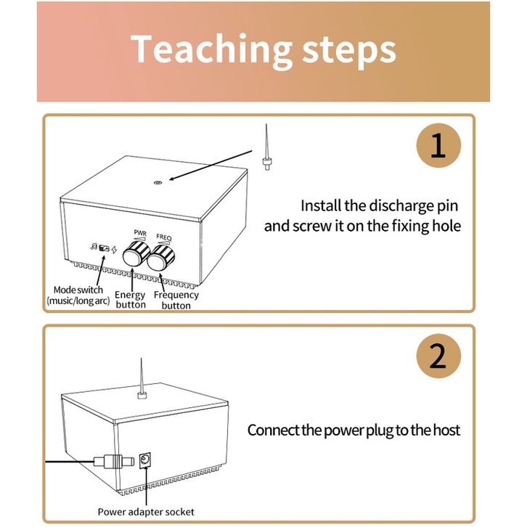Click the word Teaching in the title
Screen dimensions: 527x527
coord(211,49)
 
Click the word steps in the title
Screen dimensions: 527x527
coord(349,51)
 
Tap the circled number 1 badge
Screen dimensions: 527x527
coord(438,145)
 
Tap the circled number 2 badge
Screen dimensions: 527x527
coord(438,356)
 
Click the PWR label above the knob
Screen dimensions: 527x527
coord(140,233)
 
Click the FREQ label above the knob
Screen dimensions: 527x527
coord(164,237)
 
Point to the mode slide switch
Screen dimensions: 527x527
coord(105,248)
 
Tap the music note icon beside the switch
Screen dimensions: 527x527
coord(94,247)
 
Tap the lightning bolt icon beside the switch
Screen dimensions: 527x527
coord(114,250)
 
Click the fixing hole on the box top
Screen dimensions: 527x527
coord(158,182)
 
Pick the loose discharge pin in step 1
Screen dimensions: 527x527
coord(266,147)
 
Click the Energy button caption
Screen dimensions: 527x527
coord(130,300)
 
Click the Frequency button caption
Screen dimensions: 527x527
coord(176,300)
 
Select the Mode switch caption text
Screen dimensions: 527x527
coord(78,295)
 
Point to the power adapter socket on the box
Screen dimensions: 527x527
coord(145,460)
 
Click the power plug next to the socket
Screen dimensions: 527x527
coord(113,462)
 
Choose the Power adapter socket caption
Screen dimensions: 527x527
coord(146,512)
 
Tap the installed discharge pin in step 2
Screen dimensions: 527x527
coord(141,378)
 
